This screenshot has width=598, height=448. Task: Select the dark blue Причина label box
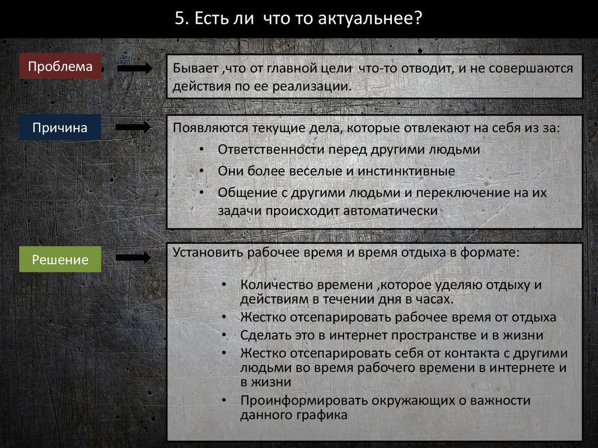point(60,128)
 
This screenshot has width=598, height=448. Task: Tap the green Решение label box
point(60,259)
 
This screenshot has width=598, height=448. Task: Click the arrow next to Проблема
point(134,68)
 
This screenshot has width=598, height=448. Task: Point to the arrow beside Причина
point(134,127)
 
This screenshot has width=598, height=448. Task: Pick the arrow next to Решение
point(134,257)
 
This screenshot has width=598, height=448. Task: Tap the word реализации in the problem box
point(320,87)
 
